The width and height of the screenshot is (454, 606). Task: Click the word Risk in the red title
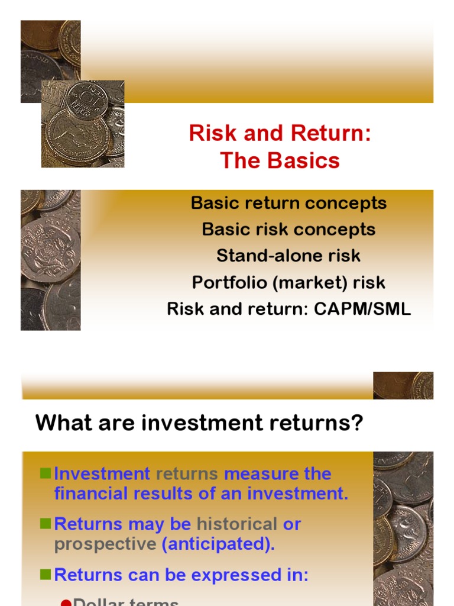[209, 134]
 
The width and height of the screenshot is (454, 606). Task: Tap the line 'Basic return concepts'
[288, 203]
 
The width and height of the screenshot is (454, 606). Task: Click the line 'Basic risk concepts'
[288, 229]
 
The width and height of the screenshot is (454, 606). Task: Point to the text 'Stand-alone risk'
[288, 256]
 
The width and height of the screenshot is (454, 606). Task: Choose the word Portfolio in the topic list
[229, 282]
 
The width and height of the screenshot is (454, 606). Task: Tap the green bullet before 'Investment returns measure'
[46, 473]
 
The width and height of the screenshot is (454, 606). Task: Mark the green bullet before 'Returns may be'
[46, 524]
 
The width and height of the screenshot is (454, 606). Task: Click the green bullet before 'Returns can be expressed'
[46, 575]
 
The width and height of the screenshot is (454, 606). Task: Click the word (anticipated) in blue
[218, 544]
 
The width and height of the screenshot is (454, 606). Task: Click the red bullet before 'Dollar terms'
[66, 602]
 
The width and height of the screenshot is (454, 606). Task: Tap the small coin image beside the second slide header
[403, 385]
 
